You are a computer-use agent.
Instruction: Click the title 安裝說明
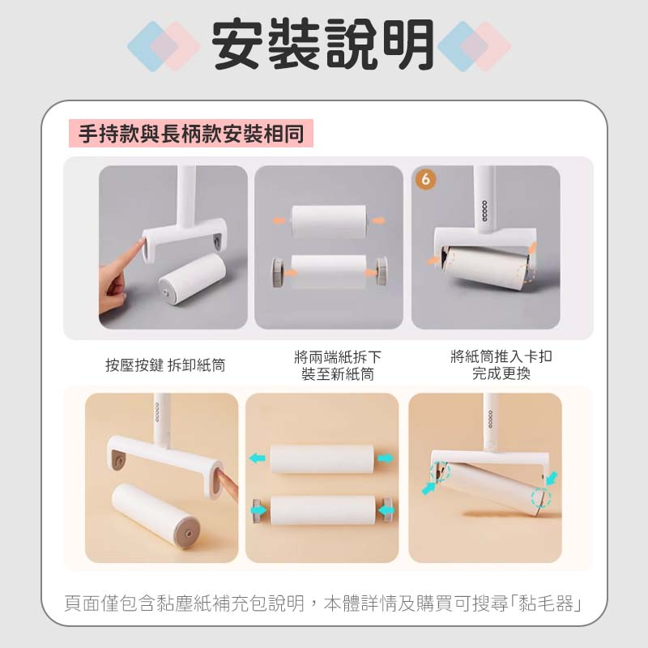322,45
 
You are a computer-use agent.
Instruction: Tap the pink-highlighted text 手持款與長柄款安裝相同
191,134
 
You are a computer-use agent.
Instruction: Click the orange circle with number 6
426,179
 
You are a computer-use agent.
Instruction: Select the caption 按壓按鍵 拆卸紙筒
165,365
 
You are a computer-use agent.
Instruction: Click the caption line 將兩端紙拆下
338,356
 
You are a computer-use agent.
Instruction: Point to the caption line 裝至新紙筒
338,374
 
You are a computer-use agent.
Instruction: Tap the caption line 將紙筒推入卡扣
501,356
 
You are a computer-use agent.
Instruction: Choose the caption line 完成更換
501,373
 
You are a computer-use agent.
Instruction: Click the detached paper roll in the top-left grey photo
191,279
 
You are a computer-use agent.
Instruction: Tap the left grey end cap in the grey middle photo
278,272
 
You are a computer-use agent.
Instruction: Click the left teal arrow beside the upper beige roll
257,458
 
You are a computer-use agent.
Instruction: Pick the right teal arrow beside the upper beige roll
386,458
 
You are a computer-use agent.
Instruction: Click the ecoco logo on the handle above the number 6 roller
484,211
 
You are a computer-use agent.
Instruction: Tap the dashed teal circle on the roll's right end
541,497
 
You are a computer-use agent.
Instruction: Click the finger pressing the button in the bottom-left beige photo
227,483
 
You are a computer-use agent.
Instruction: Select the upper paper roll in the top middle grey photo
329,221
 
